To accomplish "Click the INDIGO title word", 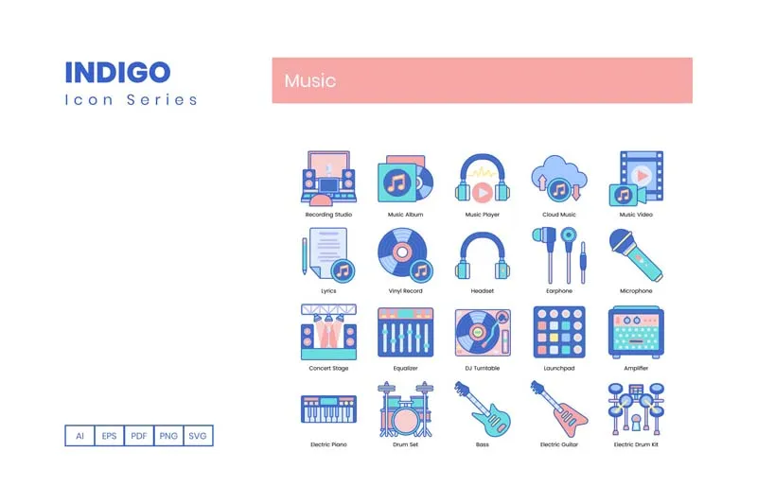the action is click(117, 73).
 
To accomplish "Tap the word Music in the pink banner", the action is click(310, 80).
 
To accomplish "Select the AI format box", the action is click(79, 436).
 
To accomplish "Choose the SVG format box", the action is click(198, 436).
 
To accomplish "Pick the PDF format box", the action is click(139, 436).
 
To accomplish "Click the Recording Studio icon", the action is click(328, 179).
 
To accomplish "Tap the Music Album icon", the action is click(405, 179).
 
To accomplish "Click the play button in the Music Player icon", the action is click(482, 193).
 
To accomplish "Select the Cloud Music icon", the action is click(559, 179).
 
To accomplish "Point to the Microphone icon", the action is click(636, 255).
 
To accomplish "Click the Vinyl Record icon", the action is click(405, 255).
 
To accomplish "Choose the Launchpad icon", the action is click(559, 332).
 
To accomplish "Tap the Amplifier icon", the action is click(636, 332).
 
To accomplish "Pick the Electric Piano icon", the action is click(328, 408).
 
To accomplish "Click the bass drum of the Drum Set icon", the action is click(405, 420).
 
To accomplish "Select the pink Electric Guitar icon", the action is click(559, 408).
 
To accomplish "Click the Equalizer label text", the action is click(405, 368).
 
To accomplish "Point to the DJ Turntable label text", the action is click(482, 368).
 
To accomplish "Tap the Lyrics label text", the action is click(328, 291).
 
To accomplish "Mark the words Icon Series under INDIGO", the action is click(131, 100).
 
